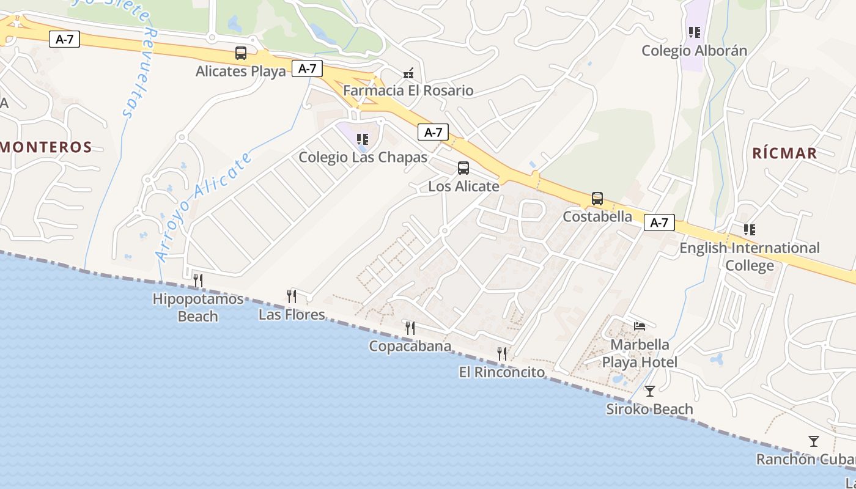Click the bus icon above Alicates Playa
pos(241,53)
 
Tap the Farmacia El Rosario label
pos(408,90)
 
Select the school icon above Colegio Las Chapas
pos(363,139)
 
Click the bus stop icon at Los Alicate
pos(463,168)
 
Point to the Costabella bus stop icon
pos(597,199)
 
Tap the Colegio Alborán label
pos(694,51)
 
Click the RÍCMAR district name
pos(784,153)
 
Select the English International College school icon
pos(750,230)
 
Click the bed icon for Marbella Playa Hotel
pos(640,326)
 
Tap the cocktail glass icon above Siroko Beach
pos(650,391)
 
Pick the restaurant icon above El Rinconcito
pos(502,353)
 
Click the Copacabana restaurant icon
pos(410,328)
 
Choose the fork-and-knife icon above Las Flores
pos(292,296)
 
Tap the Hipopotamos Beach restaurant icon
pos(197,281)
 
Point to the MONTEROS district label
pos(46,147)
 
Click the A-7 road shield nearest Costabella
pos(659,222)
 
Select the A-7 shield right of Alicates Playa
pos(307,68)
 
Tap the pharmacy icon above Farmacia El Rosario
pos(408,73)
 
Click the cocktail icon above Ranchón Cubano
pos(813,441)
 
